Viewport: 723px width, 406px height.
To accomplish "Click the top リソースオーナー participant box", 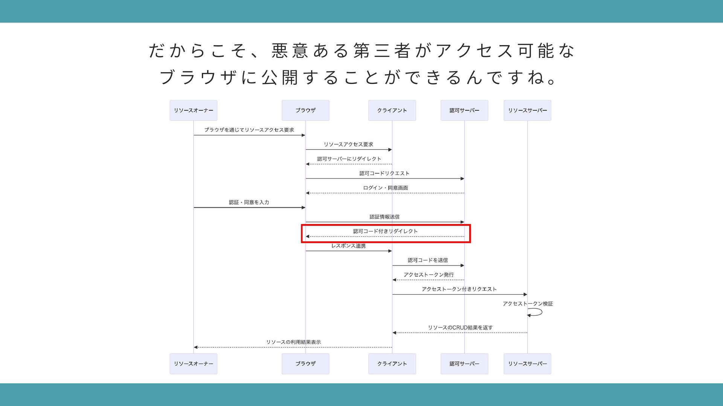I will (193, 110).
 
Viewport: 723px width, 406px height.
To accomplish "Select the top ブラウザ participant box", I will (305, 110).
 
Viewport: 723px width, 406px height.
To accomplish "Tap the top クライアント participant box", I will (392, 110).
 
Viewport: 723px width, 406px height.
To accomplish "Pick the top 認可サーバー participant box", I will (464, 110).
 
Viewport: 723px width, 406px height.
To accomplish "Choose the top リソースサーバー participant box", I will (527, 110).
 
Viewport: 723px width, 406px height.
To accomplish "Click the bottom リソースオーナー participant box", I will (193, 364).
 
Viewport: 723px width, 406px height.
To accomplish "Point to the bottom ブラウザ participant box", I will (305, 364).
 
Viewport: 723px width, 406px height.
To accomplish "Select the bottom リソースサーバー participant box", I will (527, 364).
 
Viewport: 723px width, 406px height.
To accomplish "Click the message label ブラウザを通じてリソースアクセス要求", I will (249, 130).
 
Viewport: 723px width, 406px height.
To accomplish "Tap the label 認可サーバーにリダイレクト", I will (349, 159).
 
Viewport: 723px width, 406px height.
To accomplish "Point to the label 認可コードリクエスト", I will (384, 173).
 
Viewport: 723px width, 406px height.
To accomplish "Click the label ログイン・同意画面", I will (385, 188).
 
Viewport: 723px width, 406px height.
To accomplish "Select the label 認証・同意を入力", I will (249, 202).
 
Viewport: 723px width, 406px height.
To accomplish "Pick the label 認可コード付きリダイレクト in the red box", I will (385, 231).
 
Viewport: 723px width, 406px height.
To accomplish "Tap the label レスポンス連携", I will (348, 246).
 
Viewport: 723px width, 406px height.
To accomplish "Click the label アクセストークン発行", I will (429, 275).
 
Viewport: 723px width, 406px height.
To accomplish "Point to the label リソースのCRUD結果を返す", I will (460, 327).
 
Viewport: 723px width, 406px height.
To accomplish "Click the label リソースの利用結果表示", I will (293, 342).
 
